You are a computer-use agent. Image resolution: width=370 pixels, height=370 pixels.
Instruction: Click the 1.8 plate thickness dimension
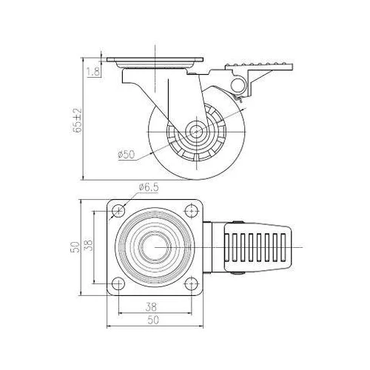[94, 71]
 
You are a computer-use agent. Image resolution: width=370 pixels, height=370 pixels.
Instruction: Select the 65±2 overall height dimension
[77, 120]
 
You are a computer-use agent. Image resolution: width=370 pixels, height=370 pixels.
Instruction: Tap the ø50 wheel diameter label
[127, 155]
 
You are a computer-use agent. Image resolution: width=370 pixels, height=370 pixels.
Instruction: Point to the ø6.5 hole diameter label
[149, 187]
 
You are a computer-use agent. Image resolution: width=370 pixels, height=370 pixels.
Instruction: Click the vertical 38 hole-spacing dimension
[90, 246]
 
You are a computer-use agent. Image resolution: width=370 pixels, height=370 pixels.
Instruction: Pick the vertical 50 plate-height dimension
[75, 247]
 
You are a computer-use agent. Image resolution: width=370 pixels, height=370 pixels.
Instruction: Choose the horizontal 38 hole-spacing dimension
[151, 307]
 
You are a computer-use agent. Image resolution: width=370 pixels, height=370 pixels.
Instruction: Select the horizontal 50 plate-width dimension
[153, 320]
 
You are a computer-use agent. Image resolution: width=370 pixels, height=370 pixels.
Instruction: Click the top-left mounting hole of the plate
[118, 211]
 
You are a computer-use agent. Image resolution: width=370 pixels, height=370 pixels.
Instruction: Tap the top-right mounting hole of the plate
[192, 211]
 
